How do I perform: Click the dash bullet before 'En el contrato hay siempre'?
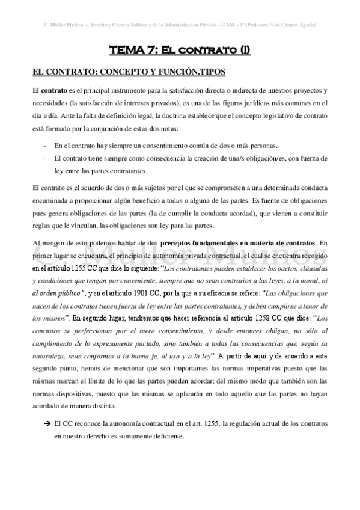[x=46, y=146]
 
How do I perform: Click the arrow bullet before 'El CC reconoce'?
[x=46, y=425]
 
